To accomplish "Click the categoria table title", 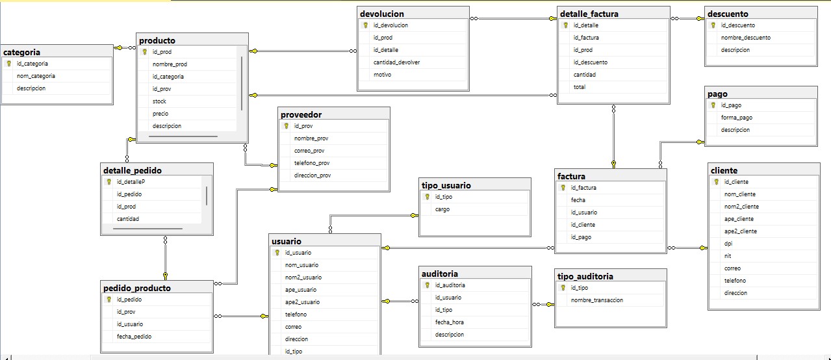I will pos(22,52).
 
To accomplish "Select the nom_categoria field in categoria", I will pos(36,76).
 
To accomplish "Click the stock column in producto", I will pos(159,101).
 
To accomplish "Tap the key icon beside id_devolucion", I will pos(366,25).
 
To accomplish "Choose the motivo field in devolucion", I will pos(382,75).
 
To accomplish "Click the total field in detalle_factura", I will pos(579,87).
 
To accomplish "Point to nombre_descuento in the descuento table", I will pos(746,38).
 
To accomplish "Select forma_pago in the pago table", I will pos(737,118).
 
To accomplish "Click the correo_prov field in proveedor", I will pos(309,151).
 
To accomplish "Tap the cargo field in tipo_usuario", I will pos(442,209).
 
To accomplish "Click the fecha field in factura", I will pos(578,200).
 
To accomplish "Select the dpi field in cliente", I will pos(728,243).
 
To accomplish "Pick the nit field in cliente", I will pos(728,255).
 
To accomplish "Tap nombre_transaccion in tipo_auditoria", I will pos(597,300).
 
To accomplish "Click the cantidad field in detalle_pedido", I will pos(127,219).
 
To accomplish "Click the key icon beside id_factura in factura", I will pos(564,188).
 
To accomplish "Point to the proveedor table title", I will pos(301,114).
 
